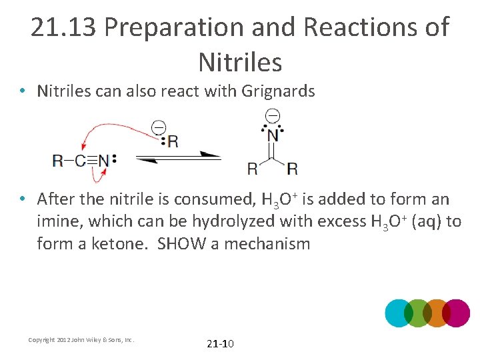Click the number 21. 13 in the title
(64, 28)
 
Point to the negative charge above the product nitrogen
(272, 116)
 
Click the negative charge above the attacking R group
(159, 126)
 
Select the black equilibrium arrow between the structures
(179, 157)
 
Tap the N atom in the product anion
(273, 135)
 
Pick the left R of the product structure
(253, 167)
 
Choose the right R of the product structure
(292, 167)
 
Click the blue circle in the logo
(399, 313)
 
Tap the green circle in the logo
(418, 313)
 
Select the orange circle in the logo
(437, 313)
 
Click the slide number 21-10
(221, 344)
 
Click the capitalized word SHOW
(182, 244)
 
